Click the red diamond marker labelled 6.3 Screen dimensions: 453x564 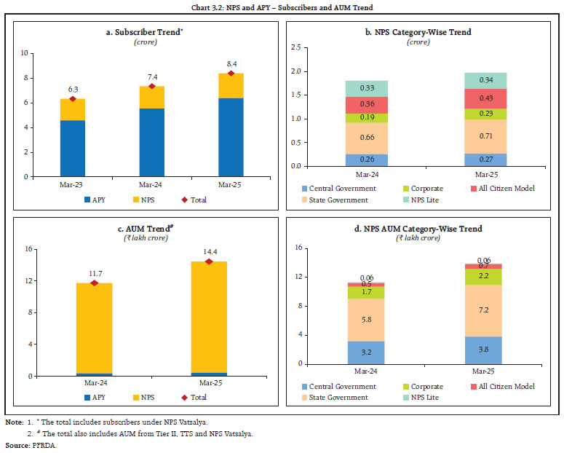[x=72, y=98]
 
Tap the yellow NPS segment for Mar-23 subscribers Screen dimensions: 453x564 [x=72, y=109]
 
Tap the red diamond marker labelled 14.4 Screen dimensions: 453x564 [x=210, y=261]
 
